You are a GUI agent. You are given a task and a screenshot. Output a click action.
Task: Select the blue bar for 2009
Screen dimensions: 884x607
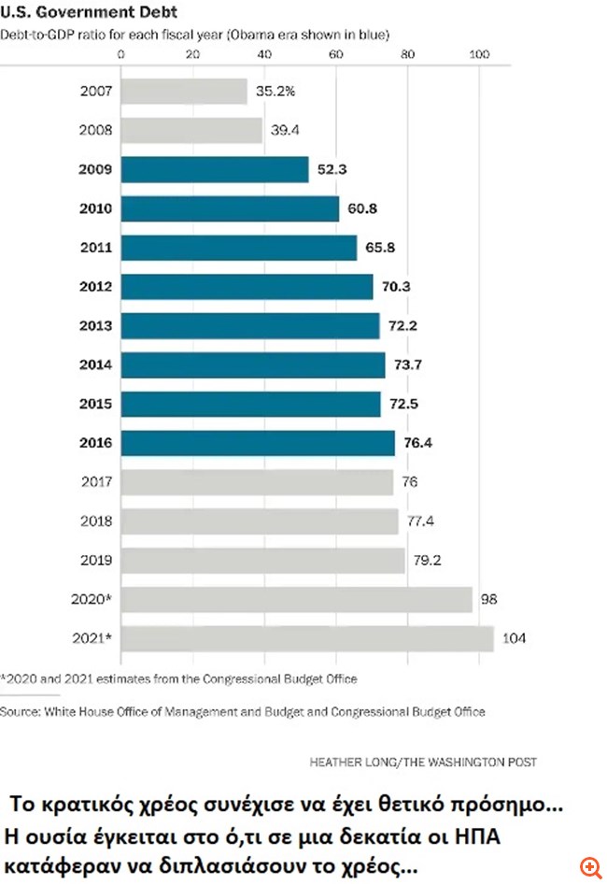[x=215, y=169]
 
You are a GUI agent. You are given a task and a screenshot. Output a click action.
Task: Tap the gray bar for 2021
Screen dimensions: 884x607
[x=307, y=639]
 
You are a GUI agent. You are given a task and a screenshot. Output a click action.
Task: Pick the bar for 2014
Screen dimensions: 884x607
[x=253, y=365]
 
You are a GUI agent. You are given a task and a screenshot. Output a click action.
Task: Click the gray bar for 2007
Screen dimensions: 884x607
[x=184, y=92]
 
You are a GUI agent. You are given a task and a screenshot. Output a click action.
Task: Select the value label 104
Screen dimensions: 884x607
[x=515, y=639]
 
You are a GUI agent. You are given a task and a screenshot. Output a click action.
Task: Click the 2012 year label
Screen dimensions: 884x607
[x=97, y=287]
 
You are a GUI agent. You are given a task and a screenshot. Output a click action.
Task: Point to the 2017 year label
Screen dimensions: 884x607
[x=97, y=482]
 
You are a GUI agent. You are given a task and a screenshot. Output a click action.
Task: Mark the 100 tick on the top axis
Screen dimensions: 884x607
[x=478, y=54]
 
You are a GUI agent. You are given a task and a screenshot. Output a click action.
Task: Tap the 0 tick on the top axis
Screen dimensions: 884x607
[x=122, y=54]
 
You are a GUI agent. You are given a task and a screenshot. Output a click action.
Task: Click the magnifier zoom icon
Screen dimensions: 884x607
[x=589, y=866]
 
